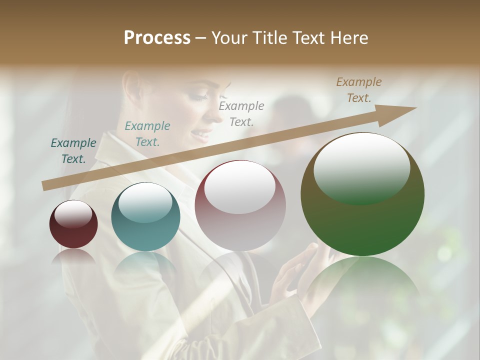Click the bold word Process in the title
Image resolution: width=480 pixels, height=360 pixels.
pyautogui.click(x=157, y=38)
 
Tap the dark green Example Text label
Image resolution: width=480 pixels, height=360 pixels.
pyautogui.click(x=73, y=151)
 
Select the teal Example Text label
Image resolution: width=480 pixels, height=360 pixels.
pyautogui.click(x=147, y=134)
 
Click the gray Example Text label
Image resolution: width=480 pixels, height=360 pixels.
pyautogui.click(x=241, y=113)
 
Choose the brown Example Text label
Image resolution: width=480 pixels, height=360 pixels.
pyautogui.click(x=359, y=90)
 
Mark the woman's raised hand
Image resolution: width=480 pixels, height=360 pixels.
pyautogui.click(x=295, y=270)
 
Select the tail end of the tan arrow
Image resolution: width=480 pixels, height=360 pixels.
pyautogui.click(x=45, y=186)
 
